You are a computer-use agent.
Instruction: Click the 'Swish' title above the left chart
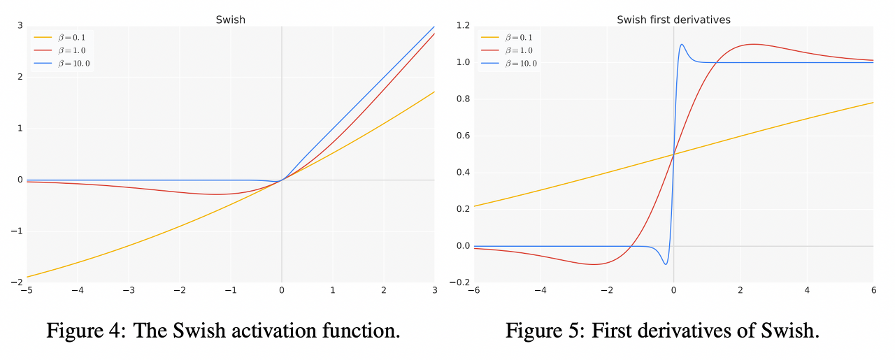[x=230, y=20]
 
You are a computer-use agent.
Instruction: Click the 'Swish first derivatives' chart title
[x=673, y=20]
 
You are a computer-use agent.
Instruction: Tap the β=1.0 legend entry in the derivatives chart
[x=517, y=50]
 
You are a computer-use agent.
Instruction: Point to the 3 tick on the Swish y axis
[x=20, y=26]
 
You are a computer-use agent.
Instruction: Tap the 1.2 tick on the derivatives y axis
[x=462, y=26]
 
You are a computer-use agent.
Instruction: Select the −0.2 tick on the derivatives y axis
[x=460, y=283]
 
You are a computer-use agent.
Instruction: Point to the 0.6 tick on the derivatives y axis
[x=462, y=136]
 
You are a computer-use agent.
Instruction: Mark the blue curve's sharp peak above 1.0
[x=682, y=45]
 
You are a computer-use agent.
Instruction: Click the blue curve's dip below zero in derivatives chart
[x=666, y=264]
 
